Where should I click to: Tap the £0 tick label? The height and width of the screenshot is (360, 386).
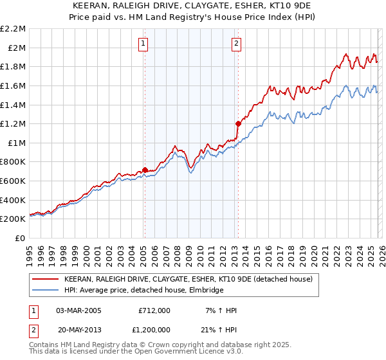coord(21,238)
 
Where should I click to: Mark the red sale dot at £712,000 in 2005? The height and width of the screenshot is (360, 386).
coord(145,170)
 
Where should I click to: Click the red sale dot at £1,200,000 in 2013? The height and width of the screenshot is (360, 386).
coord(238,123)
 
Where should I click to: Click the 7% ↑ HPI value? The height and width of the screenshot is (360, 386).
coord(222,310)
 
